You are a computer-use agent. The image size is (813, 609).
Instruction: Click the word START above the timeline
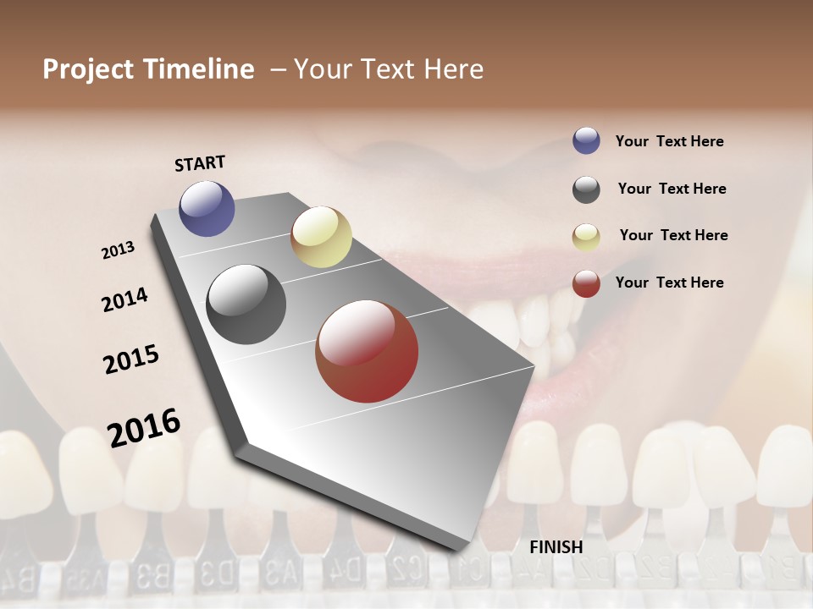(200, 163)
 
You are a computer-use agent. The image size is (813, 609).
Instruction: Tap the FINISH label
(556, 547)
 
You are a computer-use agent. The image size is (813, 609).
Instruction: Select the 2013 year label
(118, 250)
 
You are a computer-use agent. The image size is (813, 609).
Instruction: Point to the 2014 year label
(124, 299)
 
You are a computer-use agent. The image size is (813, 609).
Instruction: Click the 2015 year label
(131, 359)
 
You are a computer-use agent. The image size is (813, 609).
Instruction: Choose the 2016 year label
(144, 428)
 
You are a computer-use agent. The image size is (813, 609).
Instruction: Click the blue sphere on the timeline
(207, 208)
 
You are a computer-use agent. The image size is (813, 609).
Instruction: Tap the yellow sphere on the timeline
(321, 237)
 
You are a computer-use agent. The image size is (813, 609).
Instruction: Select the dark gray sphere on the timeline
(246, 304)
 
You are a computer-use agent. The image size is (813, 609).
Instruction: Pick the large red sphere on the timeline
(367, 351)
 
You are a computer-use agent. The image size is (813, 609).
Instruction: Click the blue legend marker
(586, 140)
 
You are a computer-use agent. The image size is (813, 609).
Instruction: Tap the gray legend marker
(586, 189)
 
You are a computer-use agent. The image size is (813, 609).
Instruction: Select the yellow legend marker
(586, 237)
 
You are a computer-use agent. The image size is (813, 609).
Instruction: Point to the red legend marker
(586, 283)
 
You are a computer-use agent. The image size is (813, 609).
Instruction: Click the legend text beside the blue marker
(669, 141)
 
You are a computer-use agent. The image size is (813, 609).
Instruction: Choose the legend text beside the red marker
(669, 283)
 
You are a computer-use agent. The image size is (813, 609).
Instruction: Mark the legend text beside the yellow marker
(673, 235)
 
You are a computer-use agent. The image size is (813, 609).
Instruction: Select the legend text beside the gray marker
(672, 189)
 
